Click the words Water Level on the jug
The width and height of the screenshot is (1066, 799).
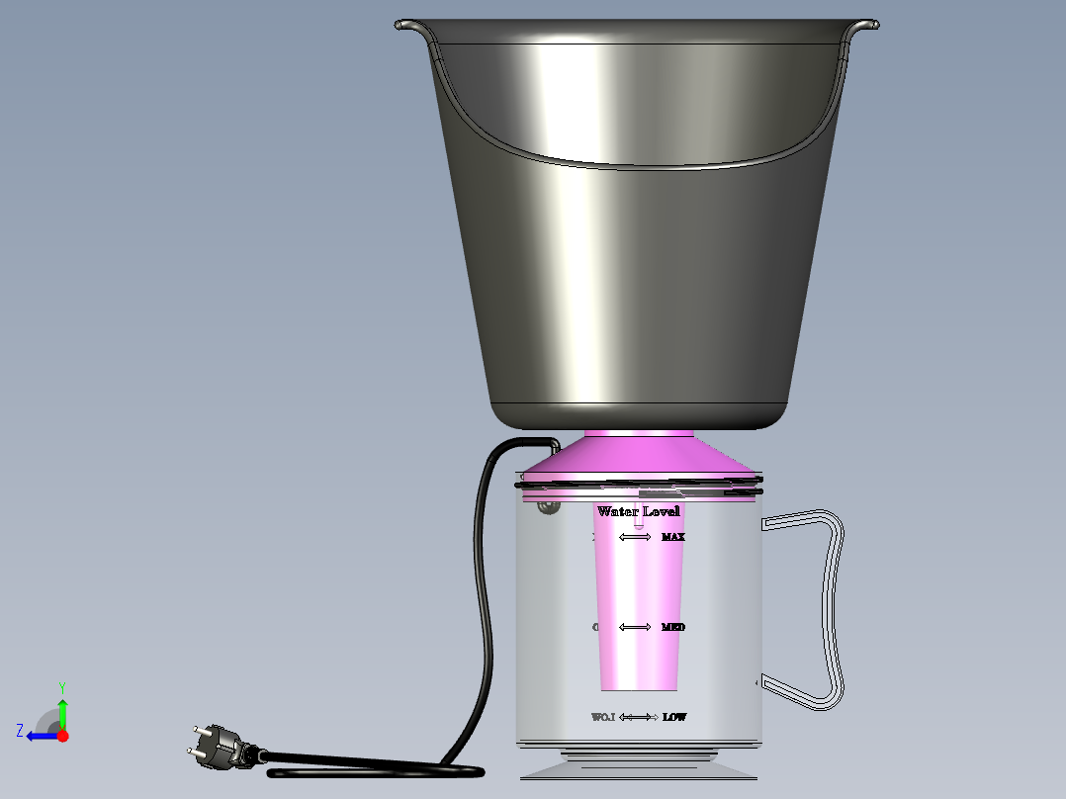(x=638, y=511)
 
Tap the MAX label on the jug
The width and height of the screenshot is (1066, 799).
(x=673, y=537)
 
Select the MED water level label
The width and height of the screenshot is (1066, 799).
(x=673, y=627)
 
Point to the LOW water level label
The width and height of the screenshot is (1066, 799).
(x=674, y=717)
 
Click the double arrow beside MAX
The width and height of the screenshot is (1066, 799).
(x=635, y=537)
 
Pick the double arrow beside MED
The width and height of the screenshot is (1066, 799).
(x=635, y=627)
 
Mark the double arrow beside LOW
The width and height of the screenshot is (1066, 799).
(x=639, y=717)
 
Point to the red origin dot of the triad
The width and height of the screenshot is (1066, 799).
(x=63, y=736)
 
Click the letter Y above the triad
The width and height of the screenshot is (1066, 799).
(x=61, y=686)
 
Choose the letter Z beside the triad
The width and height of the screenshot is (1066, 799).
(x=20, y=731)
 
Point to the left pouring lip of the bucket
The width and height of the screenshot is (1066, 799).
(x=408, y=25)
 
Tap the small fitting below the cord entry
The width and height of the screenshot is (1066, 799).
(x=547, y=508)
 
